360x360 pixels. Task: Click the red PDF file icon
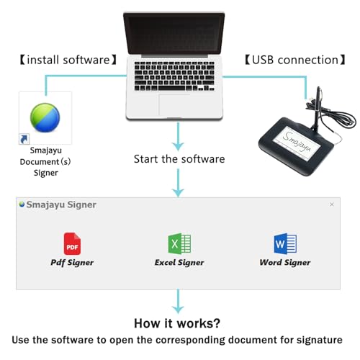coord(72,243)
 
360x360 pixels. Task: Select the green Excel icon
coord(179,243)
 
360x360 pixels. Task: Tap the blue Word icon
coord(285,243)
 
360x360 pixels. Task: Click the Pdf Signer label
coord(72,263)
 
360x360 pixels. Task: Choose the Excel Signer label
coord(179,263)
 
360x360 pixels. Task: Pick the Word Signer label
coord(285,263)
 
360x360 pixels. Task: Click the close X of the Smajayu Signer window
coord(332,204)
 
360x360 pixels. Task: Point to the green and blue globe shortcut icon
coord(45,117)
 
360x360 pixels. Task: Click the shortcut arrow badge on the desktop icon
coord(24,139)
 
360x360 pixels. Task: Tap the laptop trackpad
coord(175,105)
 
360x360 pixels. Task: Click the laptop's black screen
coord(174,34)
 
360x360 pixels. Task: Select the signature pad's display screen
coord(297,142)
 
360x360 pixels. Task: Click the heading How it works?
coord(177,323)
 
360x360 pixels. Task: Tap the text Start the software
coord(179,159)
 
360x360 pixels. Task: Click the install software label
coord(68,60)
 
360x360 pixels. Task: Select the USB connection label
coord(295,60)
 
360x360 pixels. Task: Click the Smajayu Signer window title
coord(61,204)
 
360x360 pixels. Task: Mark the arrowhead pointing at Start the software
coord(178,146)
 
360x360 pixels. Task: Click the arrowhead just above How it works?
coord(178,309)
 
